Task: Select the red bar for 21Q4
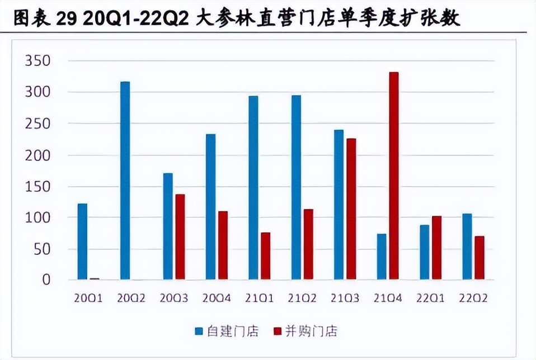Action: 393,176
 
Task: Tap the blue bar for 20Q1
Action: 82,241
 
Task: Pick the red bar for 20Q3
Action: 180,236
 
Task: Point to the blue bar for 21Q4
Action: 382,257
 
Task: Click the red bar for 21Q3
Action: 351,209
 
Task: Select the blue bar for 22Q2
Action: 467,247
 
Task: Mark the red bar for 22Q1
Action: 436,248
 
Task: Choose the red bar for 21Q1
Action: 265,256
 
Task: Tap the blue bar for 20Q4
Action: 210,207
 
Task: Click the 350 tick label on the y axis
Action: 37,61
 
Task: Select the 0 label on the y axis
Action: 46,280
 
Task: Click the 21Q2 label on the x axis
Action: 304,298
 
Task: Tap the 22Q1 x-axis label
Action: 431,298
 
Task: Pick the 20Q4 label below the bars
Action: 218,298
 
